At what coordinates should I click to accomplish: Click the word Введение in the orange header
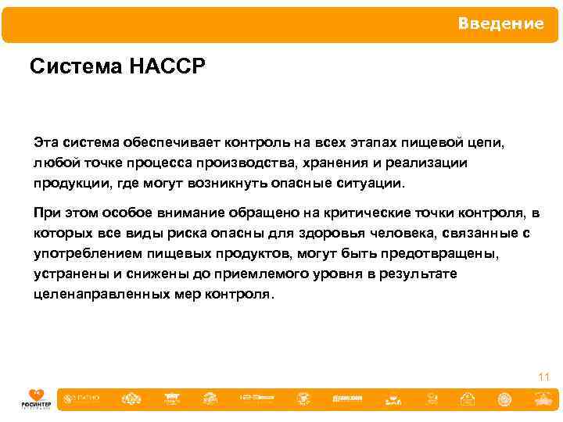500,23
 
